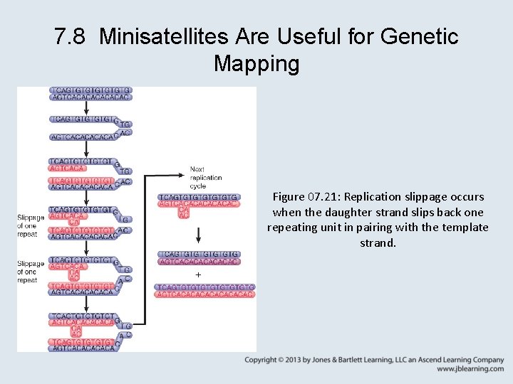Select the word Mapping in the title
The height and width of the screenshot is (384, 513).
[x=256, y=64]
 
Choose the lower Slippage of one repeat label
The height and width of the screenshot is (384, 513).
[x=31, y=272]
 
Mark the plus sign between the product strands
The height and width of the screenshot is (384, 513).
[x=198, y=275]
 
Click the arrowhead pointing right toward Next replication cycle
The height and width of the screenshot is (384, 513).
[x=183, y=171]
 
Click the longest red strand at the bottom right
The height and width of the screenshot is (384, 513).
[x=204, y=294]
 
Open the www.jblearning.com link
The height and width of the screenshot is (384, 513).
[x=470, y=369]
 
